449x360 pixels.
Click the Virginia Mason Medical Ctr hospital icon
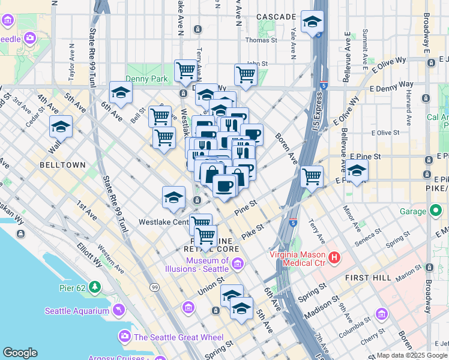tap(334, 258)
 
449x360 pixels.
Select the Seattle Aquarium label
tap(76, 310)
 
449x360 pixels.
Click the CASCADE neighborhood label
tap(276, 17)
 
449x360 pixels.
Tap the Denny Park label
tap(142, 78)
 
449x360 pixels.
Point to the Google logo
tap(20, 353)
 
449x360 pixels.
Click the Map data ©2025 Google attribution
tap(412, 355)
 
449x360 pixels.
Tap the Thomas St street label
tap(261, 41)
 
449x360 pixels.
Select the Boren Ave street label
tap(286, 149)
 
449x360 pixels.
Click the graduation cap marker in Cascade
tap(312, 23)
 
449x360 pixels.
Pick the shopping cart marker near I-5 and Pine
tap(312, 176)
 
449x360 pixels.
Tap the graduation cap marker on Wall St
tap(61, 127)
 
